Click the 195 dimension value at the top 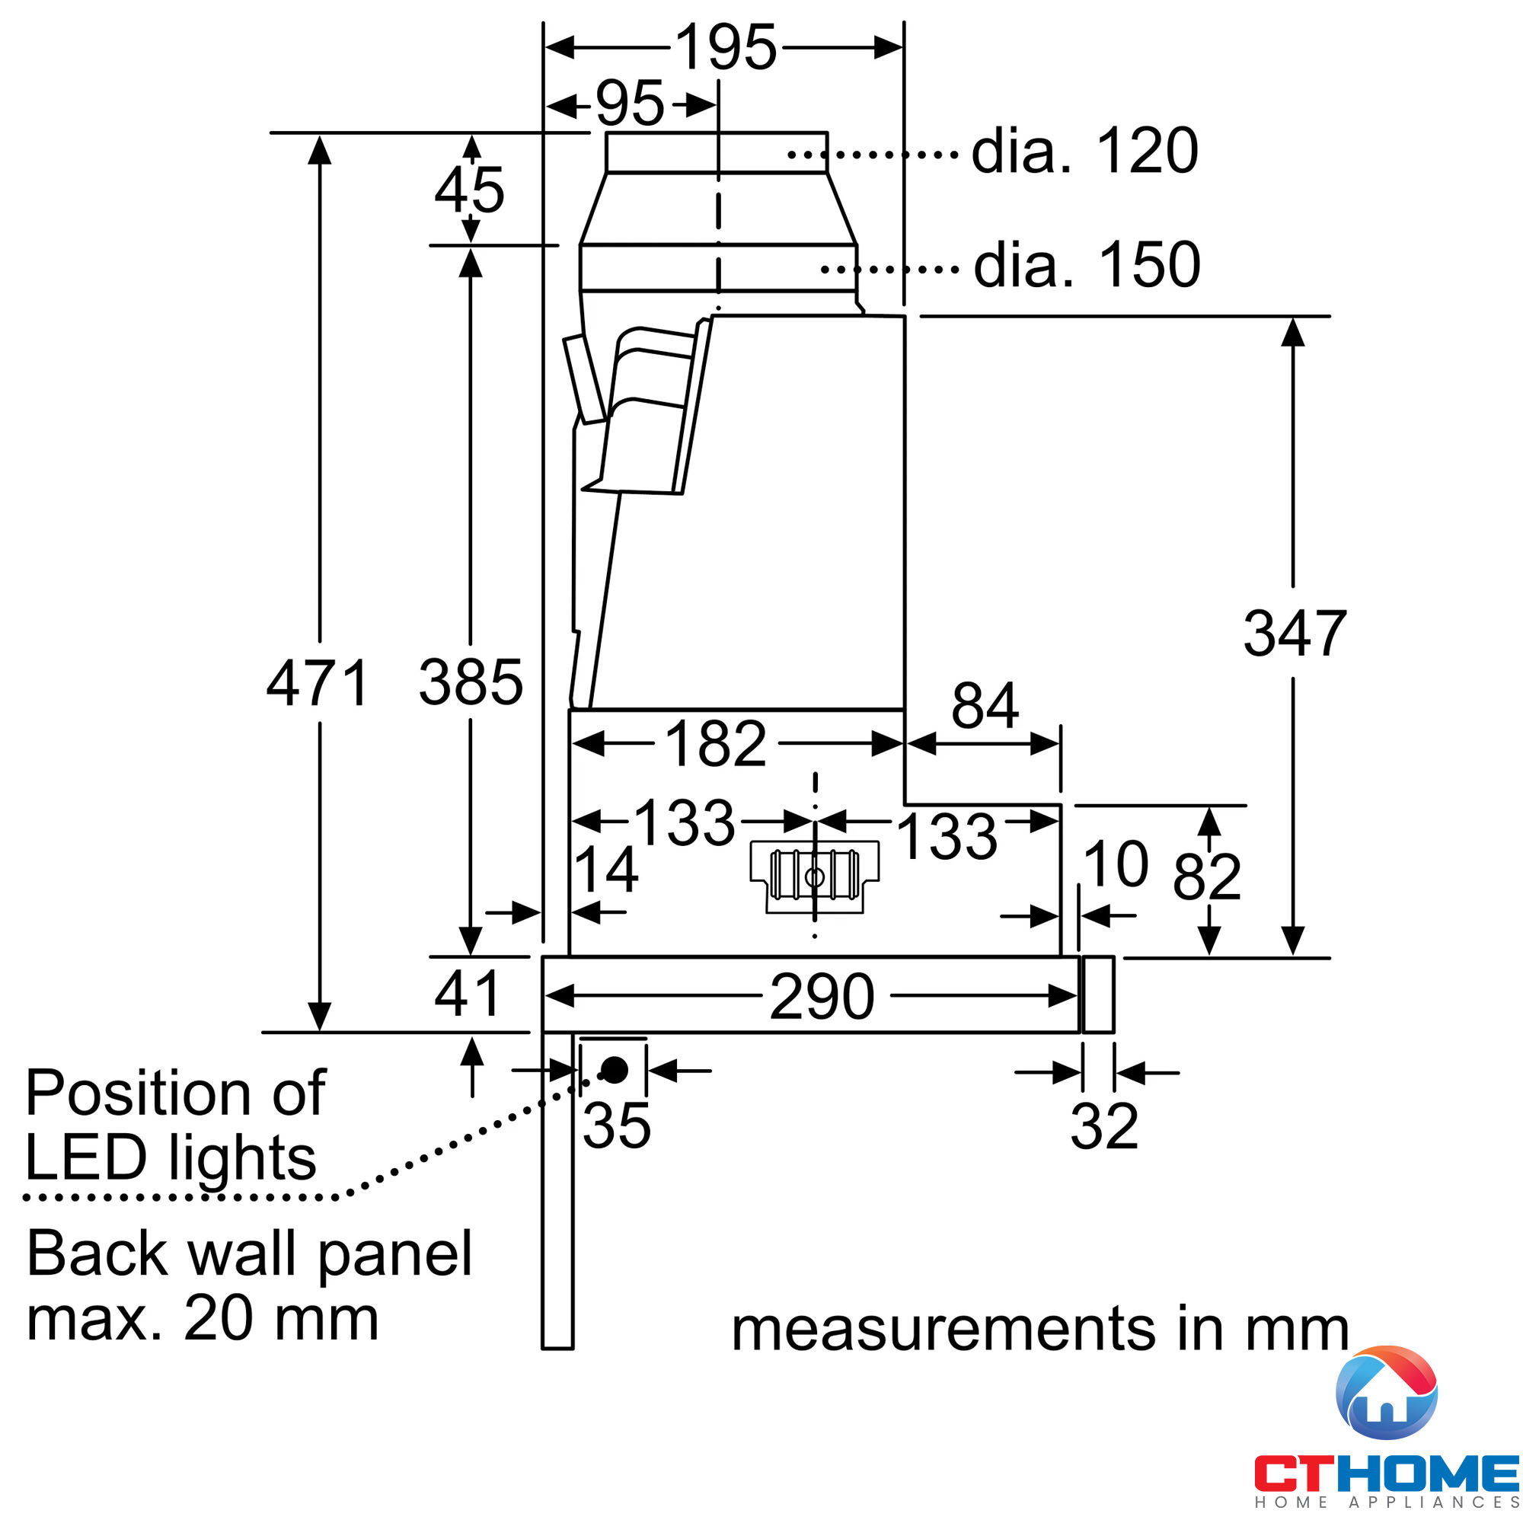coord(726,47)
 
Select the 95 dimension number coord(630,104)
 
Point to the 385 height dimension coord(471,682)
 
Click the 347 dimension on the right coord(1295,633)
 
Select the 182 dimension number coord(716,743)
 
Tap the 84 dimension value coord(985,706)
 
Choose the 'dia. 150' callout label coord(1087,265)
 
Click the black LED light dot coord(614,1070)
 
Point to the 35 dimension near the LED coord(617,1125)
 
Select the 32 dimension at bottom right coord(1103,1126)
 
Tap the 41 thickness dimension coord(467,994)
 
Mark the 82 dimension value coord(1207,876)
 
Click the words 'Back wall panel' coord(249,1254)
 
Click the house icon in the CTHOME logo coord(1387,1393)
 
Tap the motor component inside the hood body coord(814,876)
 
